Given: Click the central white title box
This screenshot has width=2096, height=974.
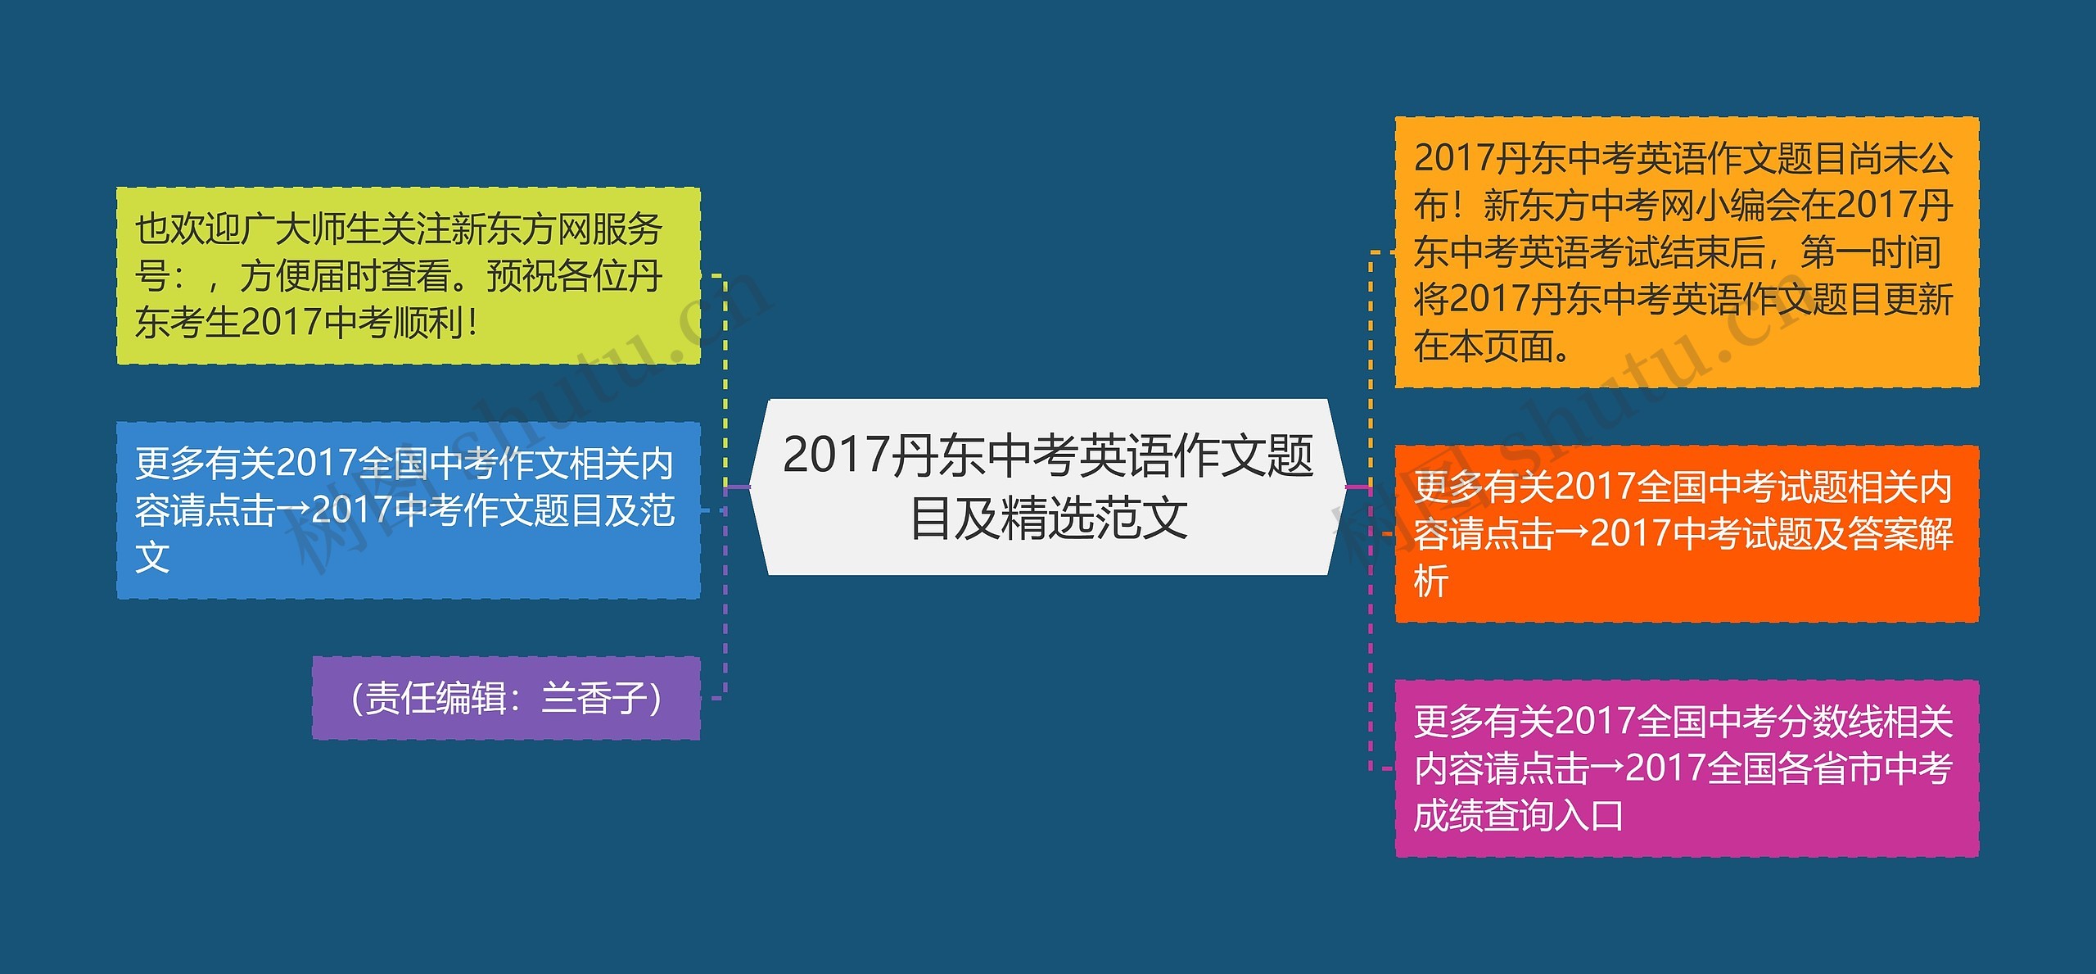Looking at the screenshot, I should [1048, 487].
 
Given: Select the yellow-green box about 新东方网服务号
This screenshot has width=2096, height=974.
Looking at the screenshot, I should [408, 275].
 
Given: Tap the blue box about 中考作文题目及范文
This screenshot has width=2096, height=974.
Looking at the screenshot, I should [408, 510].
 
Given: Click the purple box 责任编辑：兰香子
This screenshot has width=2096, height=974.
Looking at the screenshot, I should [506, 698].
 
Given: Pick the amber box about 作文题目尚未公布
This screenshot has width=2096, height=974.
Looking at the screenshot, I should [1687, 251].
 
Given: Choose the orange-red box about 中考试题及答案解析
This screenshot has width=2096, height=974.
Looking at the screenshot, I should [1687, 533].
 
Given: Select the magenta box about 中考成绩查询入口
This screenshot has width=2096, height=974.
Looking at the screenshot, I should [1687, 768].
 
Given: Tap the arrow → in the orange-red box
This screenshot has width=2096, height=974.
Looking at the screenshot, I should [1572, 534].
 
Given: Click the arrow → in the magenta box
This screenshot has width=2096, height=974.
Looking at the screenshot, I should [1607, 769].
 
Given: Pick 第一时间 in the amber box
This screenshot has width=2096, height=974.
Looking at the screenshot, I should [1871, 252].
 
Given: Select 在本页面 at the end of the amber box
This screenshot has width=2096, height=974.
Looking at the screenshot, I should [1484, 347].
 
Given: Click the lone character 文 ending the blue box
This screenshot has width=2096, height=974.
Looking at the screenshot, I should [152, 558].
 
